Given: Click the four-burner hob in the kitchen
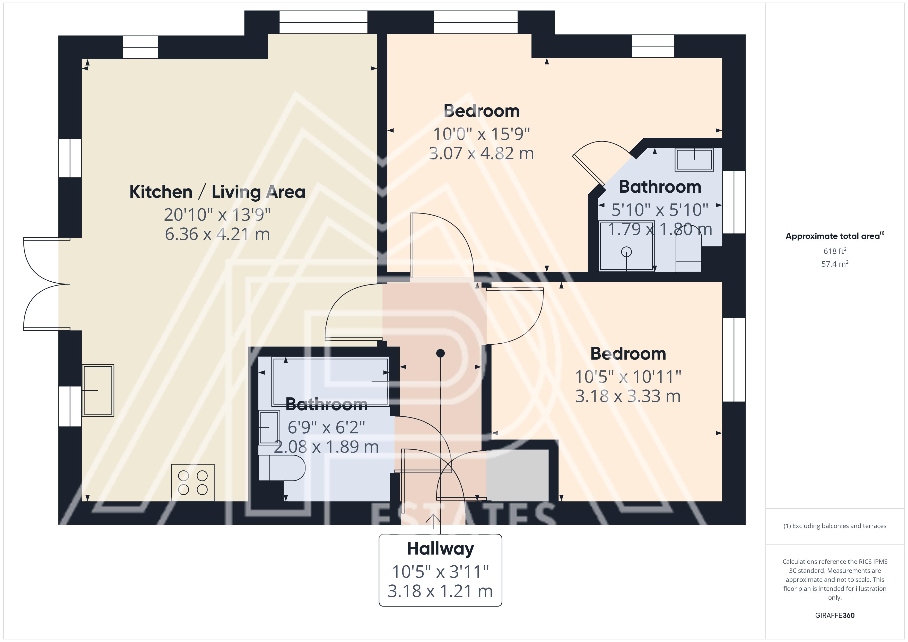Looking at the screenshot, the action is (193, 482).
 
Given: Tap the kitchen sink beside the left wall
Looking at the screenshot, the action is (98, 390).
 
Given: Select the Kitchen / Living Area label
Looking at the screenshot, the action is (217, 192).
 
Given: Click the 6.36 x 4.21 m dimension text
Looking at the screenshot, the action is (217, 234).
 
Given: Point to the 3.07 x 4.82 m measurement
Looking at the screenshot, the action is (481, 153).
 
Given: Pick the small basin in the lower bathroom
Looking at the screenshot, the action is (269, 427).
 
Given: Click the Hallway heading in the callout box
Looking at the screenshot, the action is (441, 549).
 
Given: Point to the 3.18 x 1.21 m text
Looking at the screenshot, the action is (441, 591).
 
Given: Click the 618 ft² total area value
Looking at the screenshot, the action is (835, 251).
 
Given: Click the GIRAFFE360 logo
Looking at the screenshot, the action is (835, 616).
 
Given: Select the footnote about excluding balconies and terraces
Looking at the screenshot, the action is (835, 526).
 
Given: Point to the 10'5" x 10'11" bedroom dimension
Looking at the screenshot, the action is (628, 377).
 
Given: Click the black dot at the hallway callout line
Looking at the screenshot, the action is (441, 353).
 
